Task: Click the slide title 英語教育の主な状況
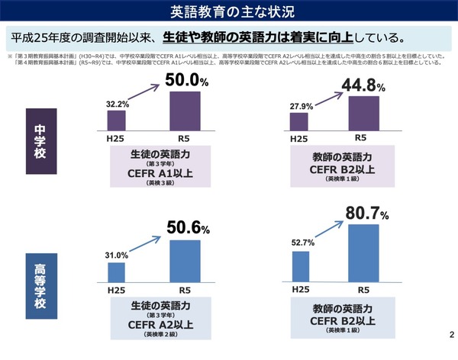point(228,11)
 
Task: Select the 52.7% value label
point(302,243)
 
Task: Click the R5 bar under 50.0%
point(185,111)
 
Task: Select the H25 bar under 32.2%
point(117,121)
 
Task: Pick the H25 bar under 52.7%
point(302,265)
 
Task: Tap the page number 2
point(450,336)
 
